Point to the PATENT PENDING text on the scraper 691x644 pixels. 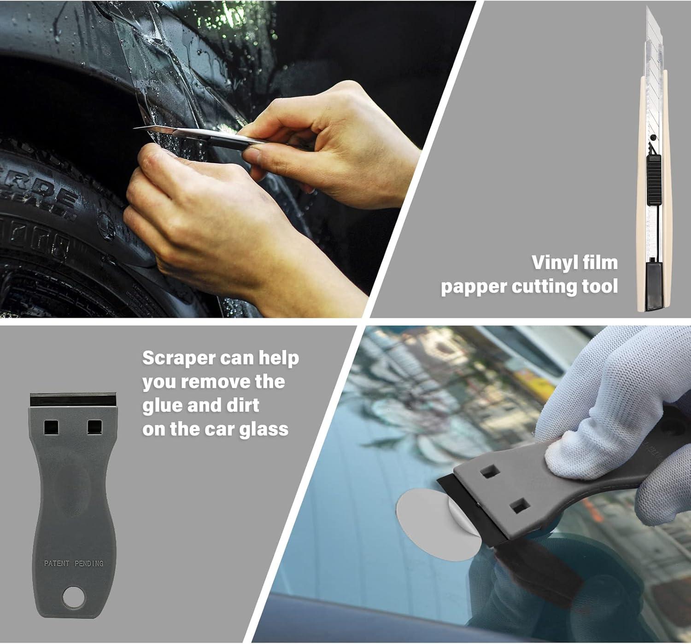74,563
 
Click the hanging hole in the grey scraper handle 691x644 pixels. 74,597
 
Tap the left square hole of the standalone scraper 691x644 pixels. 51,427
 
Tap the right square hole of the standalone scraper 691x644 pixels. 95,427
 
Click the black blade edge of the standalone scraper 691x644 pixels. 73,399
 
